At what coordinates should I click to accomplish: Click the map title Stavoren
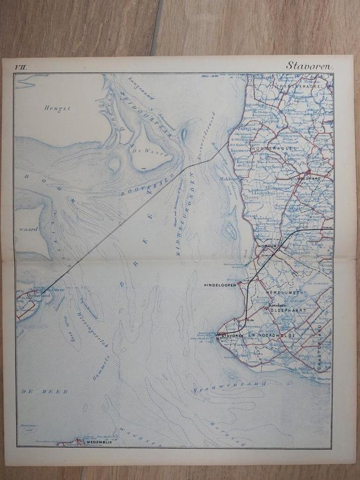tap(310, 65)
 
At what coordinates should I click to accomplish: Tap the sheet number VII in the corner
tap(21, 65)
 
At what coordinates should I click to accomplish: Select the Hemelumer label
tap(285, 293)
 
